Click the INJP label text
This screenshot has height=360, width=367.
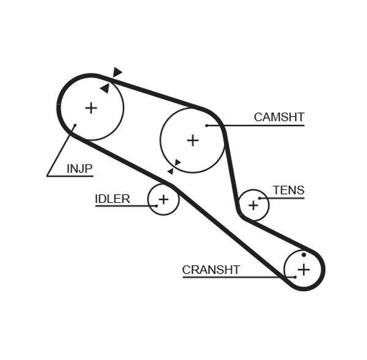[x=80, y=167]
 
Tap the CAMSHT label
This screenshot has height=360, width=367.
[x=279, y=117]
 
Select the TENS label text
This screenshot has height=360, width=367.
[x=288, y=190]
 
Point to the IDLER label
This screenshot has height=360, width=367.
[x=112, y=199]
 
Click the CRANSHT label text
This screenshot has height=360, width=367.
[x=211, y=270]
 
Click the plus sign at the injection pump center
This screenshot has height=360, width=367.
[x=91, y=108]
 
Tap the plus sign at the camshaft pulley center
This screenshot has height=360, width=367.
[x=193, y=141]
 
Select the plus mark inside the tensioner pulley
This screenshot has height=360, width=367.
[x=253, y=205]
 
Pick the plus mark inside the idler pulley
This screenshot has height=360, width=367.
[x=163, y=199]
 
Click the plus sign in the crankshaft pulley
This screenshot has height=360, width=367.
[x=304, y=269]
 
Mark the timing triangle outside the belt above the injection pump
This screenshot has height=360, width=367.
[x=117, y=72]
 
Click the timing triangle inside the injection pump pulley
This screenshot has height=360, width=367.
[x=105, y=88]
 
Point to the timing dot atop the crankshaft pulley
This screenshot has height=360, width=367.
[x=304, y=255]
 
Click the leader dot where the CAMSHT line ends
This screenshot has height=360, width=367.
[x=207, y=126]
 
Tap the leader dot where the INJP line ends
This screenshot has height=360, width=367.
[x=75, y=127]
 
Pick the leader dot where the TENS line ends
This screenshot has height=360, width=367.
[x=260, y=198]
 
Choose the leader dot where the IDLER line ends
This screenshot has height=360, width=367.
[x=156, y=206]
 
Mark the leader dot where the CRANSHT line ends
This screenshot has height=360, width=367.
[x=295, y=277]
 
